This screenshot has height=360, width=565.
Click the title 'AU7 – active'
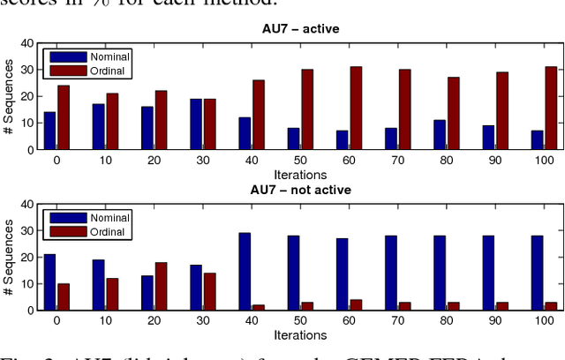(296, 29)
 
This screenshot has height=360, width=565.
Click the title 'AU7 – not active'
(296, 190)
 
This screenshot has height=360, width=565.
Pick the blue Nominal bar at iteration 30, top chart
(196, 124)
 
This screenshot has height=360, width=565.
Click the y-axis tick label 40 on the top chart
(26, 43)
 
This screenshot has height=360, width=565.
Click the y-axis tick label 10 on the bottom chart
(26, 284)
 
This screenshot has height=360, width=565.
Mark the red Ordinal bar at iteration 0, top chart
(64, 117)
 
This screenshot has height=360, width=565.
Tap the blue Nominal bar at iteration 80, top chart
(439, 135)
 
